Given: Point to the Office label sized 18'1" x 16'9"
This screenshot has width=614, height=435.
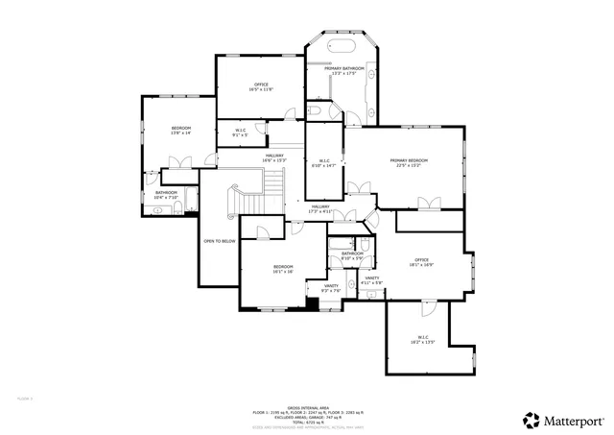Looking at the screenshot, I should pyautogui.click(x=421, y=260).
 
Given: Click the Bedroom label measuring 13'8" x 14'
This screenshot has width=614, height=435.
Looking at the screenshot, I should pyautogui.click(x=181, y=130).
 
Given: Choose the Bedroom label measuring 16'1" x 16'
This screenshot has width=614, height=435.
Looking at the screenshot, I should pyautogui.click(x=282, y=268).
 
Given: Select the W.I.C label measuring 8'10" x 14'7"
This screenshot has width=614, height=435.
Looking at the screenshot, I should pyautogui.click(x=323, y=162).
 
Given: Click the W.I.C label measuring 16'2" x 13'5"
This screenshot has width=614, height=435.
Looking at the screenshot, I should pyautogui.click(x=422, y=338).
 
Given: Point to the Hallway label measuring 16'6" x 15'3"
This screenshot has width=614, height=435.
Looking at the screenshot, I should pyautogui.click(x=274, y=157).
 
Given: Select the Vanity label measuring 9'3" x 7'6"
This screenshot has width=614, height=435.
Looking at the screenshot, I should pyautogui.click(x=330, y=288).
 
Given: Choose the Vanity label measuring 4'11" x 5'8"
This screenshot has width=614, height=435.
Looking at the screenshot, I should pyautogui.click(x=372, y=279).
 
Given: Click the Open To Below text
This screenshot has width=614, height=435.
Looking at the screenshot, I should pyautogui.click(x=220, y=241).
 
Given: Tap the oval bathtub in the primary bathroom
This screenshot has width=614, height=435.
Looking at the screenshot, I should pyautogui.click(x=342, y=46).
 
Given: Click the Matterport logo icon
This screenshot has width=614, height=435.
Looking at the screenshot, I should pyautogui.click(x=530, y=419).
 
